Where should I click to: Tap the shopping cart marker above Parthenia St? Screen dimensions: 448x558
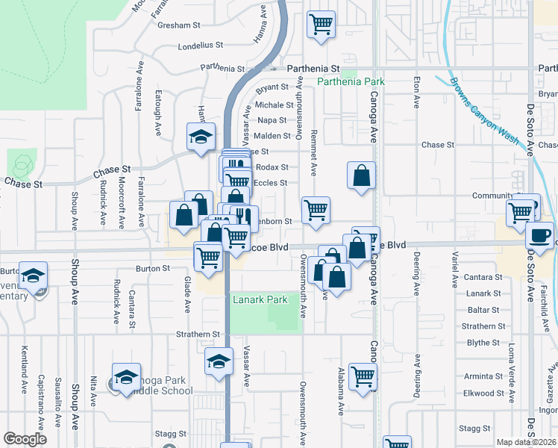pos(321,23)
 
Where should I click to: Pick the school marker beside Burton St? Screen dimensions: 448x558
pos(33,276)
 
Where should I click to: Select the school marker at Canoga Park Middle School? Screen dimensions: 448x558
pos(127,376)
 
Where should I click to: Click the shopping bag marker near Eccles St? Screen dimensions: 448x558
pos(361,176)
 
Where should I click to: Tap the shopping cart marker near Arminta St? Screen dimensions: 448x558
pos(363,376)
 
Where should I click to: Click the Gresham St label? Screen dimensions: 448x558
pos(180,25)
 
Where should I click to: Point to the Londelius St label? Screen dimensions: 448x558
pos(201,46)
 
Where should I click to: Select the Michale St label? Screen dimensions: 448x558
pos(275,105)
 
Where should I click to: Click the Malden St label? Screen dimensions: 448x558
pos(272,136)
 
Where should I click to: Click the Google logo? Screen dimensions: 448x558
pos(24,439)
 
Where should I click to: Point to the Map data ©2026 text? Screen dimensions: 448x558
pos(527,442)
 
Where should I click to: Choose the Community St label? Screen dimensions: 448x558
pos(494,196)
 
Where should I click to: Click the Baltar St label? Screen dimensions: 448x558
pos(483,310)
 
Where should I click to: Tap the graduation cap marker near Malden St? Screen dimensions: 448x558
pos(201,137)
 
